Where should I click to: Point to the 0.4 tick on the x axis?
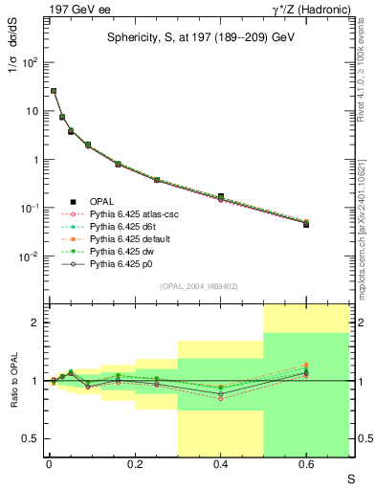point(220,463)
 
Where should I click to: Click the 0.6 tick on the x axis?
point(306,463)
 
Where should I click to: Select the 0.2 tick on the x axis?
point(135,463)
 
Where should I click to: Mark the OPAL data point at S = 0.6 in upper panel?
point(306,224)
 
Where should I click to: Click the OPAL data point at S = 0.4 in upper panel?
point(220,196)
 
